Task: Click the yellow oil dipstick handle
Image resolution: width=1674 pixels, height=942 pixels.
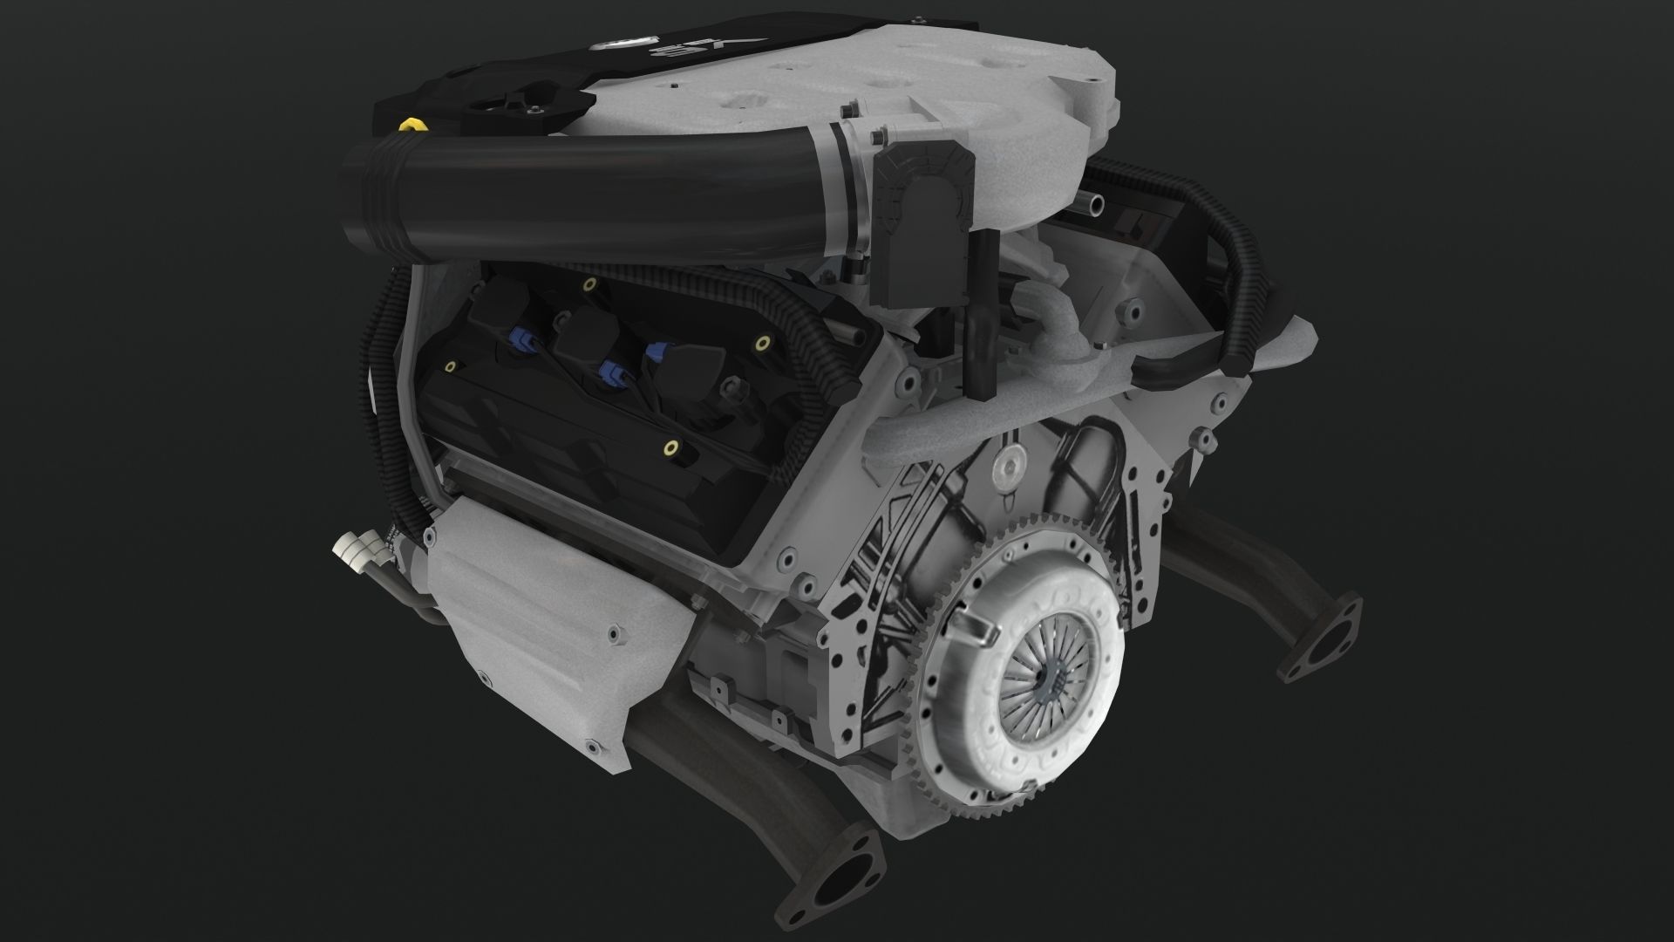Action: pyautogui.click(x=405, y=128)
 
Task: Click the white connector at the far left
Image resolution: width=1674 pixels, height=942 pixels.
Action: pyautogui.click(x=353, y=548)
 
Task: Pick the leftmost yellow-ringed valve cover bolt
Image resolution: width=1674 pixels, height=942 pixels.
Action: pyautogui.click(x=450, y=367)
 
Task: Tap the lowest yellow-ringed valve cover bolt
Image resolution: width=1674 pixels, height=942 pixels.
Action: pyautogui.click(x=670, y=450)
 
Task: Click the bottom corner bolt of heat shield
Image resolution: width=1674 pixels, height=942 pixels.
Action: pyautogui.click(x=594, y=747)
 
